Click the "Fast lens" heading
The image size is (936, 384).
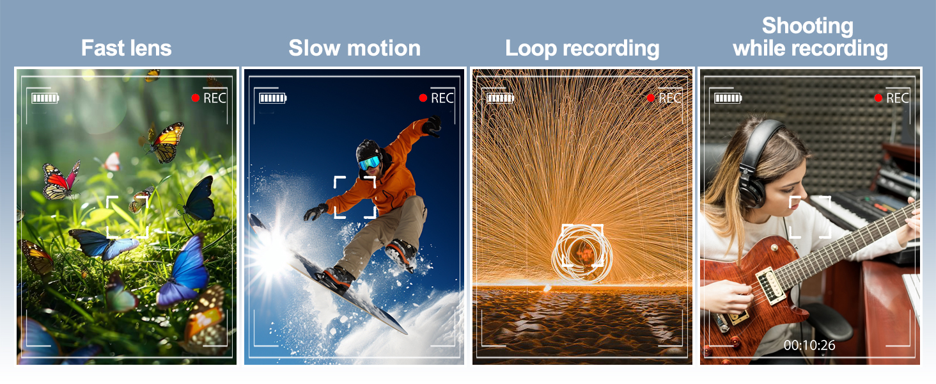(126, 48)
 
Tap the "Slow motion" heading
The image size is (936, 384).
(354, 48)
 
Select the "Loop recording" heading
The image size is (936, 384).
(582, 49)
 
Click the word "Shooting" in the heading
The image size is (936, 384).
(807, 26)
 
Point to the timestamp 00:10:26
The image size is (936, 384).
(809, 345)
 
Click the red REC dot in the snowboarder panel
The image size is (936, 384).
(423, 98)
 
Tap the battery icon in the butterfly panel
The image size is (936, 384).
(45, 99)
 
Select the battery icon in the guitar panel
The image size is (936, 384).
(728, 99)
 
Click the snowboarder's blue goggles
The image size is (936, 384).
(370, 163)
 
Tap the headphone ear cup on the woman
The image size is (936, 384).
(751, 189)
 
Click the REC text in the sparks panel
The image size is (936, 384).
(670, 98)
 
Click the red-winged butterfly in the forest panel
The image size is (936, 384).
(61, 182)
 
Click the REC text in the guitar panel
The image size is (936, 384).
(897, 98)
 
